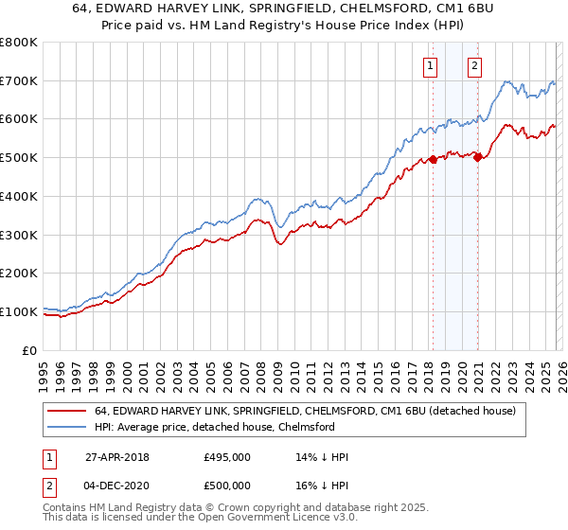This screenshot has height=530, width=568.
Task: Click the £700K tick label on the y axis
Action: point(19,81)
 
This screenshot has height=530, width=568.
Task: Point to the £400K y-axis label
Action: point(19,196)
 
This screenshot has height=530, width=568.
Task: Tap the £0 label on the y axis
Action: point(29,350)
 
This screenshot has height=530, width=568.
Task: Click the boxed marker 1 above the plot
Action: point(432,66)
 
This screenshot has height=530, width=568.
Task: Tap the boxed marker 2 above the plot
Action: point(474,66)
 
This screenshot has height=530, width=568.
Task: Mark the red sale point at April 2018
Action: point(433,160)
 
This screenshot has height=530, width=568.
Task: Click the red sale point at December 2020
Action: point(477,158)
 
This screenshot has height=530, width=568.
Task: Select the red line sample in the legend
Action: point(68,411)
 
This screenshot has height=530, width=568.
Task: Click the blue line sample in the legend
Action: point(68,427)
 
